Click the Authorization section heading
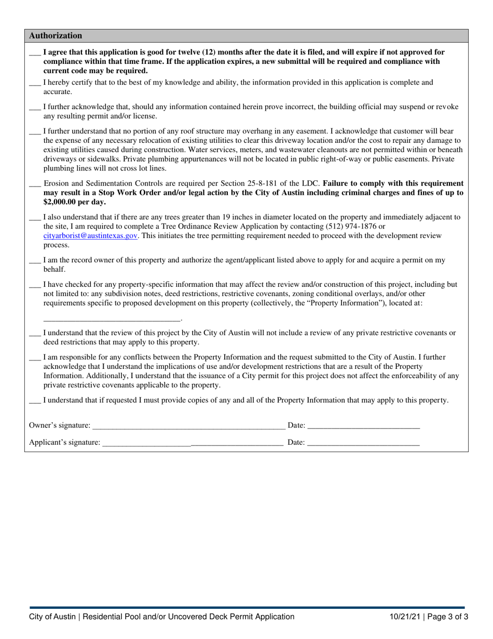pyautogui.click(x=56, y=36)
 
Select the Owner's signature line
pyautogui.click(x=188, y=426)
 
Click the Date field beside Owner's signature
pyautogui.click(x=363, y=426)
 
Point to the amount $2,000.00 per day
pyautogui.click(x=74, y=202)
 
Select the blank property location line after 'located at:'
pyautogui.click(x=112, y=318)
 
